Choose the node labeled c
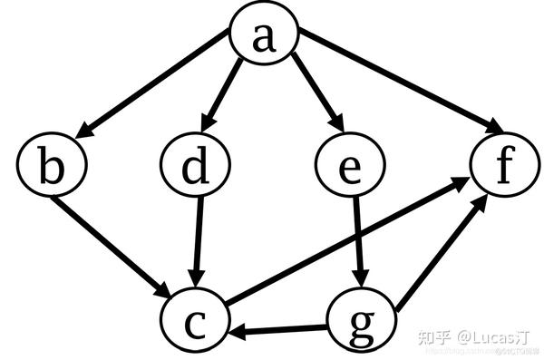coord(196,322)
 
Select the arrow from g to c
coord(281,329)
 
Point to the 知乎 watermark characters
coord(432,336)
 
